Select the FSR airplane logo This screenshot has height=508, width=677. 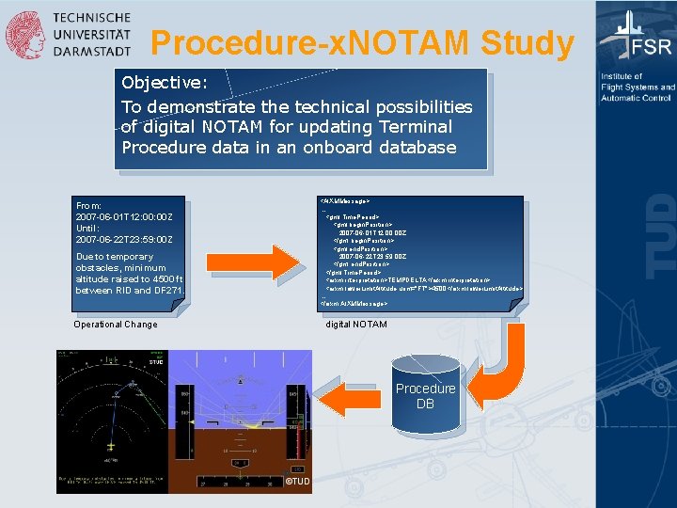click(635, 37)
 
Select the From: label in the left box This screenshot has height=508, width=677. click(89, 205)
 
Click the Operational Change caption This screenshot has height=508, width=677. click(115, 325)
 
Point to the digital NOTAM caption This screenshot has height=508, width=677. click(355, 325)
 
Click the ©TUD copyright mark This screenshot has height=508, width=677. click(297, 482)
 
